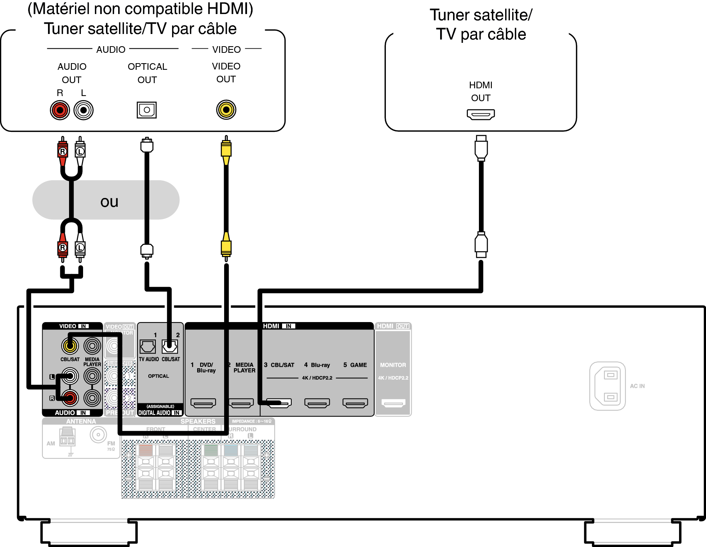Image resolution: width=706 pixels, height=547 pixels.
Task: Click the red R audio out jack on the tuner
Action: point(60,110)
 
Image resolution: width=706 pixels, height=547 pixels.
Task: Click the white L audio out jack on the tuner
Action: point(83,110)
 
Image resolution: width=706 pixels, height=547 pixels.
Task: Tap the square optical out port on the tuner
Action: point(147,110)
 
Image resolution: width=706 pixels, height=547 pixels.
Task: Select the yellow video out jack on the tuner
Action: point(226,110)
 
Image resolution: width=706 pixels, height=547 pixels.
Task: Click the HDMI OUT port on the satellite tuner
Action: point(480,114)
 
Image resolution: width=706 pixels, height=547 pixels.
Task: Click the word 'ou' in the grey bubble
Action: point(109,202)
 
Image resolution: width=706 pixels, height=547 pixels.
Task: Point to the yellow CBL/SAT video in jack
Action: point(70,346)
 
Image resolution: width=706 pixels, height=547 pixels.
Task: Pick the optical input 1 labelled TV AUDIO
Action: point(148,347)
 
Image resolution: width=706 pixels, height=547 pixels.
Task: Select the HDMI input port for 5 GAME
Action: point(355,403)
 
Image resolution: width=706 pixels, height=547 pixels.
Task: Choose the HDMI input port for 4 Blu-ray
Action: point(317,403)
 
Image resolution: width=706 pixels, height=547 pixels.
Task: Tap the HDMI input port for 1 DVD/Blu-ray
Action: point(203,403)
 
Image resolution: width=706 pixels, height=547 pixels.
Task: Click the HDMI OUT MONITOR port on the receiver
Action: point(393,403)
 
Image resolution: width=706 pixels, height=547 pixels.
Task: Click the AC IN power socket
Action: point(607,386)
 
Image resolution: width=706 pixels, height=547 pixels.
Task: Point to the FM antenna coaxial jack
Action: point(98,435)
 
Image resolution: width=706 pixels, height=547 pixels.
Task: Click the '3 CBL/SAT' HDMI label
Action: point(279,365)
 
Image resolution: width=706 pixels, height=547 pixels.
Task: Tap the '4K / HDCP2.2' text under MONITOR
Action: point(393,378)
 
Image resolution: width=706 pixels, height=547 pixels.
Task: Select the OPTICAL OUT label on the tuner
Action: point(147,73)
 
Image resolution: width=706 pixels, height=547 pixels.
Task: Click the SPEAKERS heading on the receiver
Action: point(198,421)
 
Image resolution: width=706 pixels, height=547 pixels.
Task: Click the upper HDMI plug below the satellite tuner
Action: point(481,148)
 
